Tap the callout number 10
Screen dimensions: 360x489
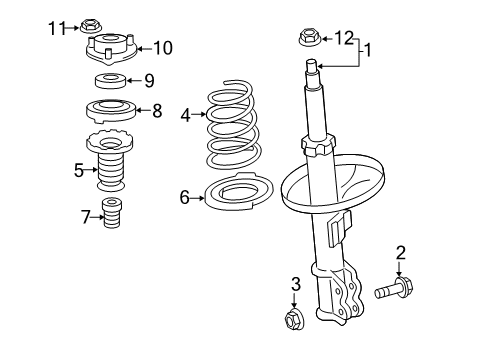pos(163,47)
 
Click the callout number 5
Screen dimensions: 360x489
pos(79,170)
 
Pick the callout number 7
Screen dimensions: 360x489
pos(84,215)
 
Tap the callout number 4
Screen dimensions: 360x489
pos(185,116)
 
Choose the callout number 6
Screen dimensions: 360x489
pos(184,198)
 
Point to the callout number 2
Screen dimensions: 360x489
pos(400,252)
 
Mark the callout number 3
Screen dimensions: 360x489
pos(296,286)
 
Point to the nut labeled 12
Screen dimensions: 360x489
pos(310,39)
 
